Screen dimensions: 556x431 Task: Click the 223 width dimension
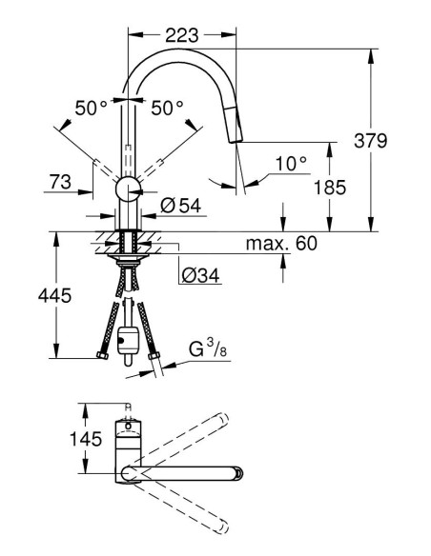coord(180,35)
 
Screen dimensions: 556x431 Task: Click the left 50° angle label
coord(92,109)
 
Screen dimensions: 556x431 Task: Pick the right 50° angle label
coord(166,109)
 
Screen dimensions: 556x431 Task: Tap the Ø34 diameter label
coord(200,276)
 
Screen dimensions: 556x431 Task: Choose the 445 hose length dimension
coord(30,296)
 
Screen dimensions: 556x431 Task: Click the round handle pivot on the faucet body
coord(127,189)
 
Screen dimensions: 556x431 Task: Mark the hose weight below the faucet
coord(127,341)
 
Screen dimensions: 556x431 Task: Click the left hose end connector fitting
coord(102,357)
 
